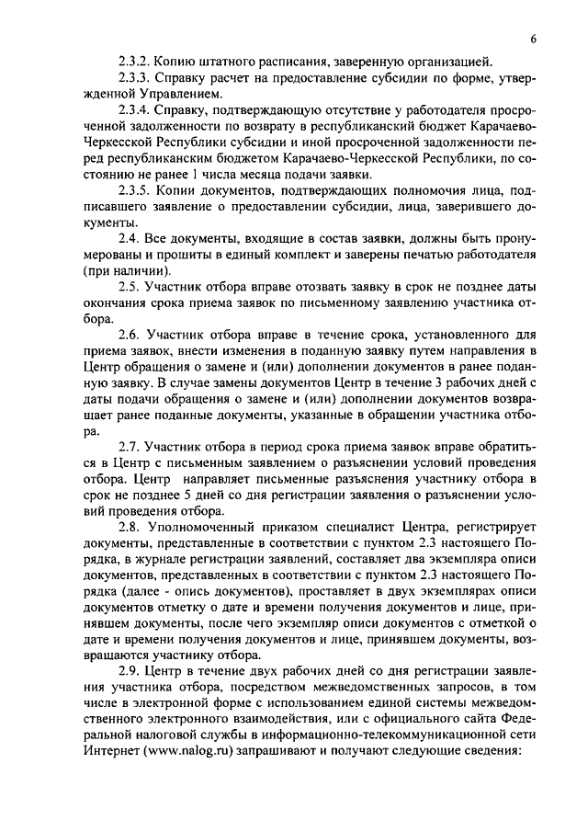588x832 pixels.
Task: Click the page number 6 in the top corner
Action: pos(534,38)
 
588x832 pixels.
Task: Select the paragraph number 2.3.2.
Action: pos(137,62)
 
